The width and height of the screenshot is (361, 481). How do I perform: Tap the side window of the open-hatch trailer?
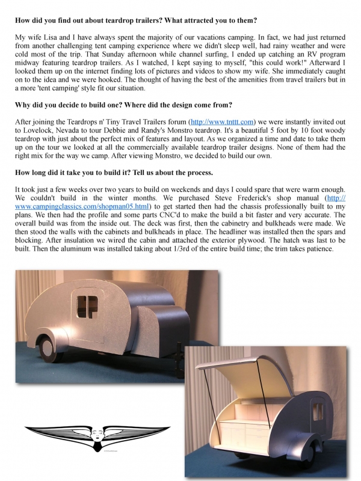(x=318, y=414)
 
